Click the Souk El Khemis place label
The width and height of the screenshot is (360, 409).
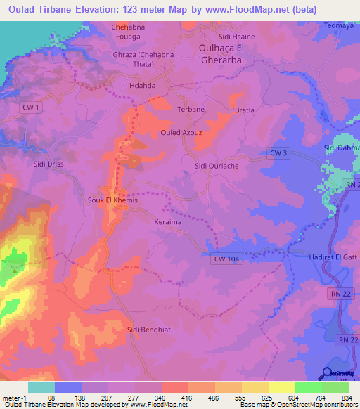point(110,200)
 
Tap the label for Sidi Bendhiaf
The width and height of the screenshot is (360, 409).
point(149,329)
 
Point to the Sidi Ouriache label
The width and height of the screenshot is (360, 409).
point(218,166)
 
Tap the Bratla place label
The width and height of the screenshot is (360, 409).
point(244,110)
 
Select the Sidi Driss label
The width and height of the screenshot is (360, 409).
point(49,163)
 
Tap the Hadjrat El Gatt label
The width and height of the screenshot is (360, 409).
point(333,257)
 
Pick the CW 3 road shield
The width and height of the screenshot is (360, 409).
point(278,152)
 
